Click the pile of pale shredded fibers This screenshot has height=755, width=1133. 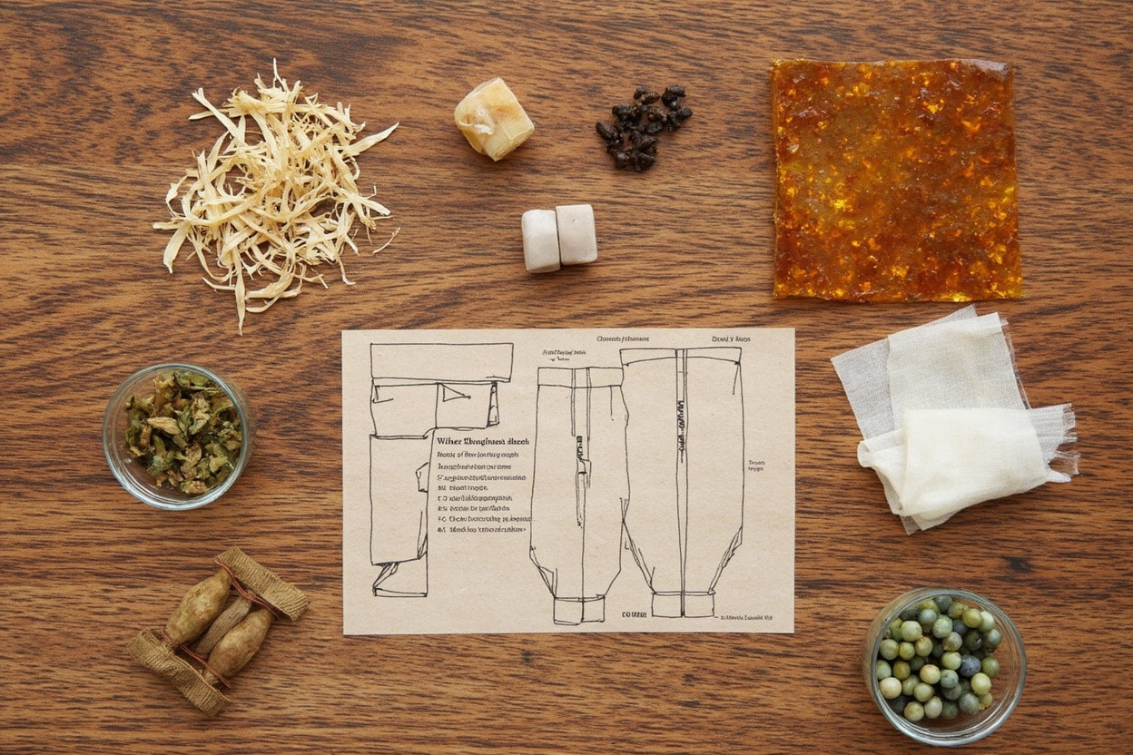(x=277, y=195)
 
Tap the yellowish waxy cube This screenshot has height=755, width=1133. (x=493, y=119)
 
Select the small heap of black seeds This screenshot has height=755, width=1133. (x=642, y=128)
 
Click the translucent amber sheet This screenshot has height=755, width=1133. (x=895, y=180)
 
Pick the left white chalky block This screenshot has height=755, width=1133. (x=541, y=240)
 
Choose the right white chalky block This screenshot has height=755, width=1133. (x=576, y=234)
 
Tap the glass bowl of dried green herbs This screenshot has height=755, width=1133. (x=178, y=435)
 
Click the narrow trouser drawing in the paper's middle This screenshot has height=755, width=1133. (x=578, y=490)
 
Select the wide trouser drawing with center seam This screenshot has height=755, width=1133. (x=684, y=472)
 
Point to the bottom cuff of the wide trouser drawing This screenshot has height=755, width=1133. (x=681, y=604)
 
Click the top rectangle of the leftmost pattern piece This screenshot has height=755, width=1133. (x=441, y=362)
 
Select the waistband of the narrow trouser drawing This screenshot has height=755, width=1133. (x=578, y=374)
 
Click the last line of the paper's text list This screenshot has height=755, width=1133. (x=484, y=528)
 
